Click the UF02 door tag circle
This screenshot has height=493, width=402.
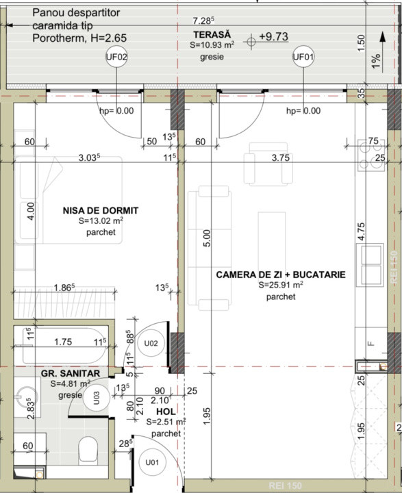coord(117,58)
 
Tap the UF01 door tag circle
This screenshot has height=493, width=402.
coord(303,58)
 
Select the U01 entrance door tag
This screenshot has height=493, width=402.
coord(152,463)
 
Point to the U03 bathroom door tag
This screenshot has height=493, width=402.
coord(97,394)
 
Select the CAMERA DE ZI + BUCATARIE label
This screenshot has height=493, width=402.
coord(281,274)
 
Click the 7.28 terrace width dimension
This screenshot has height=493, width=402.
coord(203,21)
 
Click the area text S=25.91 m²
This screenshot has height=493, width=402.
coord(281,285)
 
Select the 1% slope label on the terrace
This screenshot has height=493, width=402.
coord(376,61)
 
